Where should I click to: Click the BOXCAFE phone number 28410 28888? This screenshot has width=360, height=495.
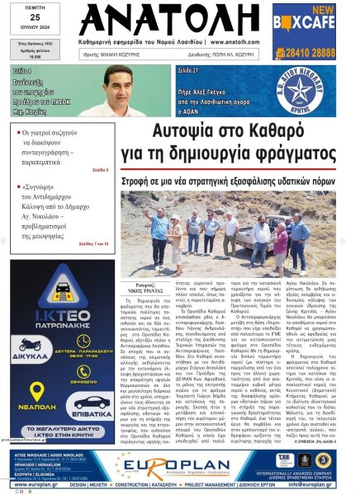[x=329, y=50]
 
